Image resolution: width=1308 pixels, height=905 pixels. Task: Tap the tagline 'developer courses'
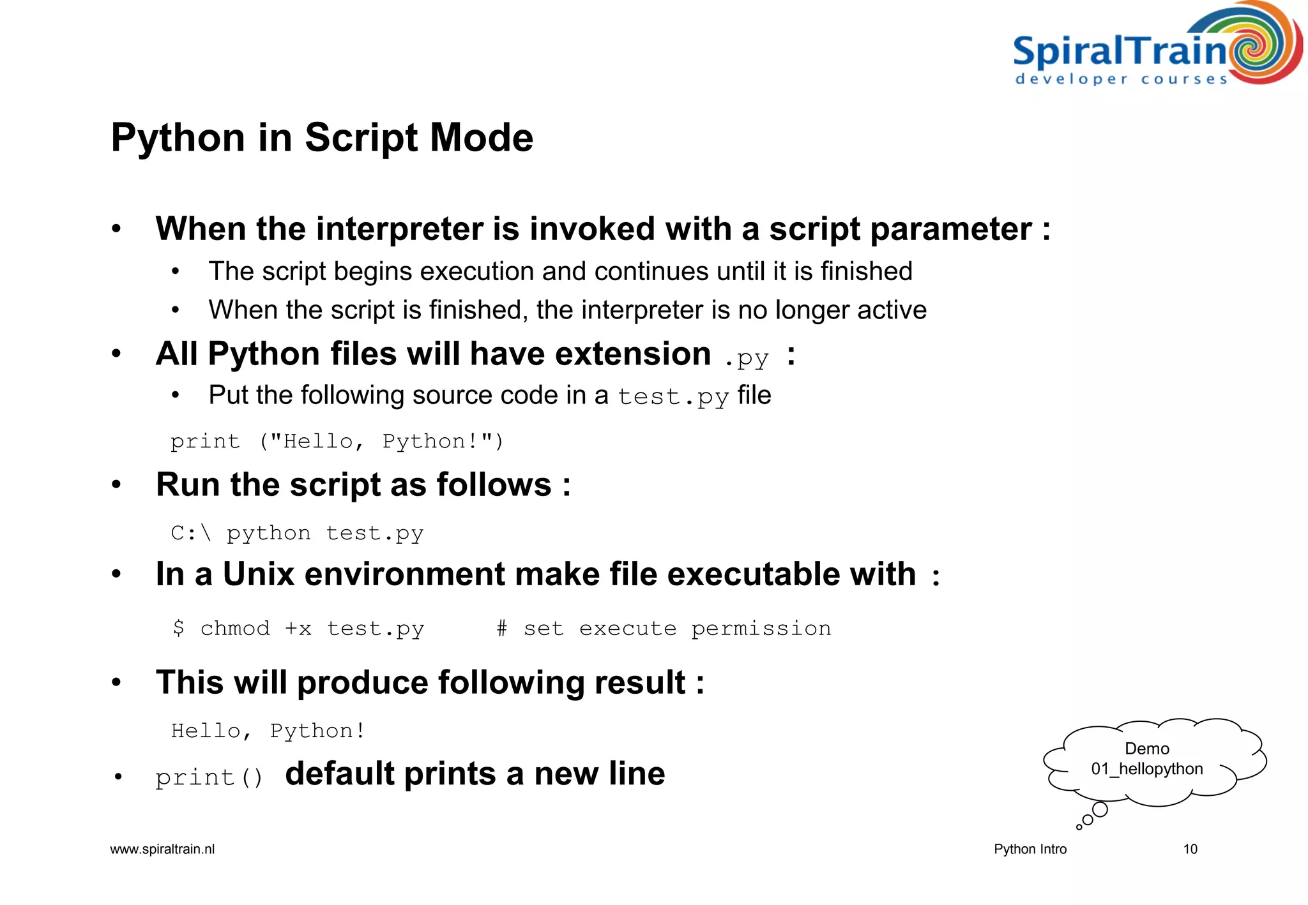[1121, 79]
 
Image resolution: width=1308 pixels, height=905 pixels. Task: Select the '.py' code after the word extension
[746, 357]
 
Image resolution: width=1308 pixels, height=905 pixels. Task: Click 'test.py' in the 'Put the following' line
[673, 396]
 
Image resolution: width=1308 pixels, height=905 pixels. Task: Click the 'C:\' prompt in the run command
[190, 532]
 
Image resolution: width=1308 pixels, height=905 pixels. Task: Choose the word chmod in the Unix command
[235, 628]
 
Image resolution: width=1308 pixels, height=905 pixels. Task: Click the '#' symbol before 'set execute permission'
[501, 628]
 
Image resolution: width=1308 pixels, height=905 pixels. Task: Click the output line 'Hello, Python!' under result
[268, 730]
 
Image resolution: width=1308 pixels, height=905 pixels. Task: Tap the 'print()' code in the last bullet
[209, 777]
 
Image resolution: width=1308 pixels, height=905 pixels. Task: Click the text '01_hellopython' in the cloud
[1146, 769]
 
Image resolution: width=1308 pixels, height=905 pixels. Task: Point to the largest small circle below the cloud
[1100, 809]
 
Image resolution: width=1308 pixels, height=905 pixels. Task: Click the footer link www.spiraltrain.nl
[162, 849]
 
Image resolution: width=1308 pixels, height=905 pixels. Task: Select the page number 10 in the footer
[1190, 849]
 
